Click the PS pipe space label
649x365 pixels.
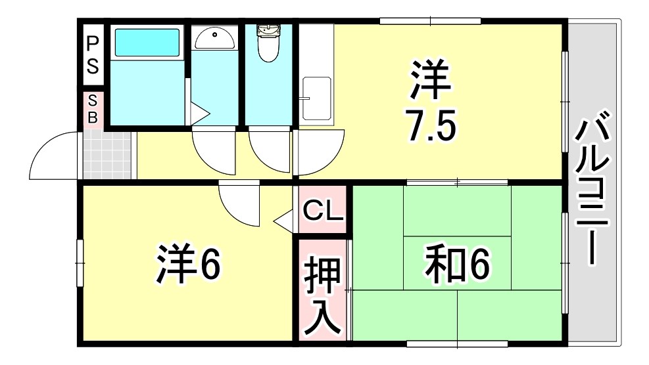tap(93, 54)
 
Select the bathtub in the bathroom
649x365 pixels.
tap(147, 43)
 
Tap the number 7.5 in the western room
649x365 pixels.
tap(430, 127)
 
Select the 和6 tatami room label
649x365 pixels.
tap(457, 264)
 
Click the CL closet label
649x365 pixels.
tap(322, 211)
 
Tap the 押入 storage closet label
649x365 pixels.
tap(323, 298)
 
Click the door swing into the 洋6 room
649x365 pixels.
tap(238, 204)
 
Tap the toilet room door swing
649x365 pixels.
tap(268, 150)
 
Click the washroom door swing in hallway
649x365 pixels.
tap(212, 150)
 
